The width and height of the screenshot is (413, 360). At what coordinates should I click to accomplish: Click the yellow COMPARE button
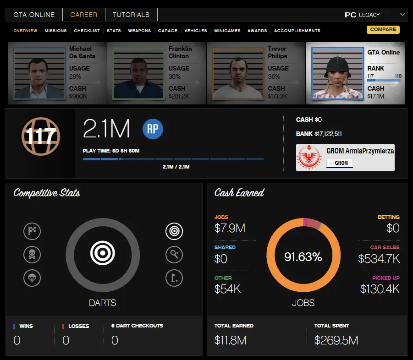point(383,30)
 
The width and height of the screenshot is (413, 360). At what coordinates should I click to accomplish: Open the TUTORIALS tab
point(131,15)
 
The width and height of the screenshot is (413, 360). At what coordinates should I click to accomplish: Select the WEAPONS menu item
point(139,31)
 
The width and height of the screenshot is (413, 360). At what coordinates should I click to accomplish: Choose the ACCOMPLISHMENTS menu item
point(297,31)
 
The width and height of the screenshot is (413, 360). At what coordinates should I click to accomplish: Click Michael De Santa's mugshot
point(39,73)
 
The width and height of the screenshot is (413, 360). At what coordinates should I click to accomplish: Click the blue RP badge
point(153,130)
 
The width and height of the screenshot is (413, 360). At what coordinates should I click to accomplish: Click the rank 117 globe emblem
point(41,136)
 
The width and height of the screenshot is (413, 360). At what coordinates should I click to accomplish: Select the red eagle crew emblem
point(310,158)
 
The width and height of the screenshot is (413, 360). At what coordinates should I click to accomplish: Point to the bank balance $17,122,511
point(328,134)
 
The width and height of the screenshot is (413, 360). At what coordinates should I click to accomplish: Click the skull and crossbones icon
point(32,255)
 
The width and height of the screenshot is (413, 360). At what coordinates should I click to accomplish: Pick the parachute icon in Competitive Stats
point(32,277)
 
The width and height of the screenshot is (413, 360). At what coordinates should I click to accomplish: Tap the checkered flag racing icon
point(32,232)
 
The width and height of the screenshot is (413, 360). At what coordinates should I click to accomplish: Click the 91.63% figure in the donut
point(303,257)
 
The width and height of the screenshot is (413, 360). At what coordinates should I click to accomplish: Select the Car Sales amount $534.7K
point(379,259)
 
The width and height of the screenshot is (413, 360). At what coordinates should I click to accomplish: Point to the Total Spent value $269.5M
point(336,340)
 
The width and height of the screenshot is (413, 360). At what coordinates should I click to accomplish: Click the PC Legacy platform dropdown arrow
point(402,15)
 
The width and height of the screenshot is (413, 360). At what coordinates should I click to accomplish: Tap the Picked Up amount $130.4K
point(380,289)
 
